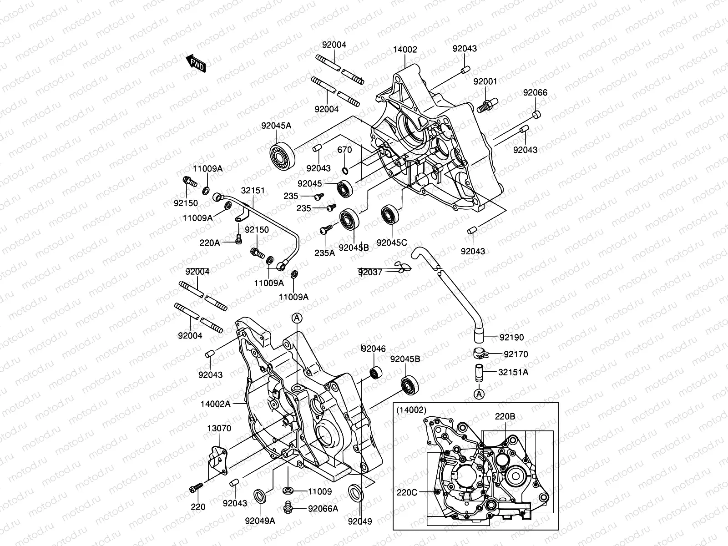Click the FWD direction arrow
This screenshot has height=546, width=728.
tap(196, 63)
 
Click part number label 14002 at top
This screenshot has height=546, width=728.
tap(405, 50)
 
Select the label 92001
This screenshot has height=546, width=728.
tap(485, 81)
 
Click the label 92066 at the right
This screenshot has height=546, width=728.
tap(535, 93)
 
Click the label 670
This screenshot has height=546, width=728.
tap(345, 150)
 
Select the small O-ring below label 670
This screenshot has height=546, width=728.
tap(346, 171)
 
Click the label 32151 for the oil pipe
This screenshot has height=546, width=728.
tap(253, 191)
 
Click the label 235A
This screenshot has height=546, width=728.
tap(324, 253)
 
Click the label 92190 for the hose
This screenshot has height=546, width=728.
tap(511, 338)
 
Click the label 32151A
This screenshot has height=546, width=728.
tap(513, 372)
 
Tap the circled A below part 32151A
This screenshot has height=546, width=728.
tap(479, 394)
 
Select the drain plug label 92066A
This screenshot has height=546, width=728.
tap(323, 509)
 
